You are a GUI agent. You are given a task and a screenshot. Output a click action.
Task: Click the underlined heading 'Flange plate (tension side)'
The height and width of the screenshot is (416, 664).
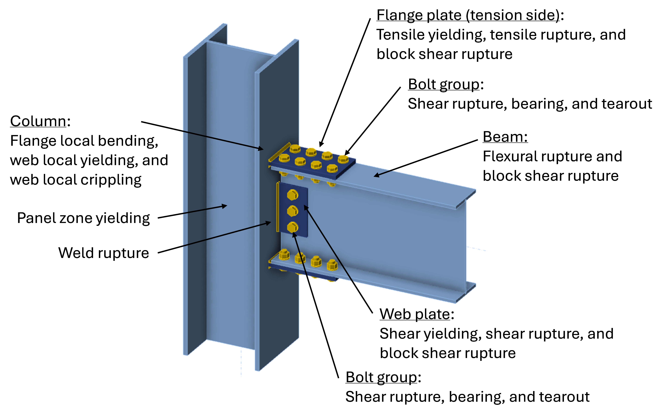(468, 15)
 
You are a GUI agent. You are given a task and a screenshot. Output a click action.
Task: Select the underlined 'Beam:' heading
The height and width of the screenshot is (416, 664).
(505, 137)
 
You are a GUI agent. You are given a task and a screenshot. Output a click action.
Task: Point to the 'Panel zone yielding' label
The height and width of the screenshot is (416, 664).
(83, 218)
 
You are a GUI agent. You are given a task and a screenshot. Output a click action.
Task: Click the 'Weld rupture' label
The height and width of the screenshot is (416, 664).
(103, 253)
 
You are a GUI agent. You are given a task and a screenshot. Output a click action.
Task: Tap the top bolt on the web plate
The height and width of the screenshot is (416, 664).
(292, 195)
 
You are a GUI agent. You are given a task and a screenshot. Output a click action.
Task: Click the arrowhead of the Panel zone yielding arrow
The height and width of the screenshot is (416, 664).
(225, 206)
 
